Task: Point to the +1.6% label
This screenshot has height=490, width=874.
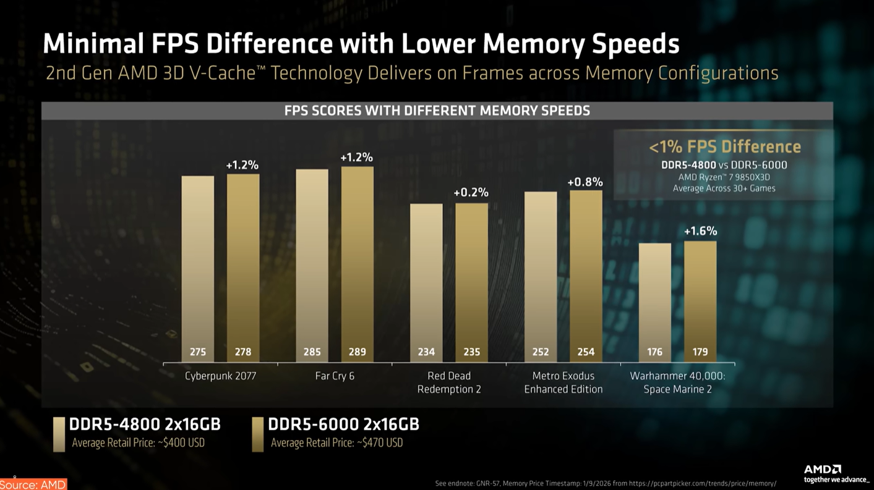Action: pos(700,231)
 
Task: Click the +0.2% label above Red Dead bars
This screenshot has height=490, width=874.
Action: pos(471,193)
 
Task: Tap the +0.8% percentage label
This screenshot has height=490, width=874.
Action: pos(585,182)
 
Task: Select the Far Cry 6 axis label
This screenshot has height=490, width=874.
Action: pos(335,376)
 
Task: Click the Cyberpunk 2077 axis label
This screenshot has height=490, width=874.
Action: pos(220,376)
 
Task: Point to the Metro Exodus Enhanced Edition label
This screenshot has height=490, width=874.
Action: pos(563,382)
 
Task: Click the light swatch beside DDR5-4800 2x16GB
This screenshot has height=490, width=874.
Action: pos(59,434)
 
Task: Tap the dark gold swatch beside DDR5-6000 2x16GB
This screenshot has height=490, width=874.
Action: pos(258,434)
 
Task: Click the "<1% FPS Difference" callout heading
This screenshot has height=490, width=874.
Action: pos(724,147)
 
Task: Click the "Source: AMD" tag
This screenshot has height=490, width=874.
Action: pos(33,484)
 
